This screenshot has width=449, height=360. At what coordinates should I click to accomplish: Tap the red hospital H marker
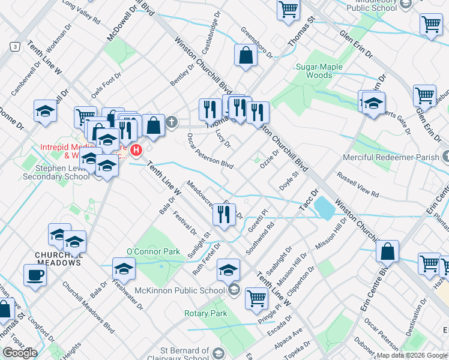coord(136,150)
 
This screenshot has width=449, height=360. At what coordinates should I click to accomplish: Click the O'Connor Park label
coord(154,251)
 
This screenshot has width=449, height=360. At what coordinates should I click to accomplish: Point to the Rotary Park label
coord(206,313)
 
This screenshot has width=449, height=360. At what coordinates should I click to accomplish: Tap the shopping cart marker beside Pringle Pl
coord(257,297)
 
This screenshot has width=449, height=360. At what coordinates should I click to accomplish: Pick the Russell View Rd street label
coord(358,186)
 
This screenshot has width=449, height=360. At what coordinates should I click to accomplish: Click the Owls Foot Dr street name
coord(106,85)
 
